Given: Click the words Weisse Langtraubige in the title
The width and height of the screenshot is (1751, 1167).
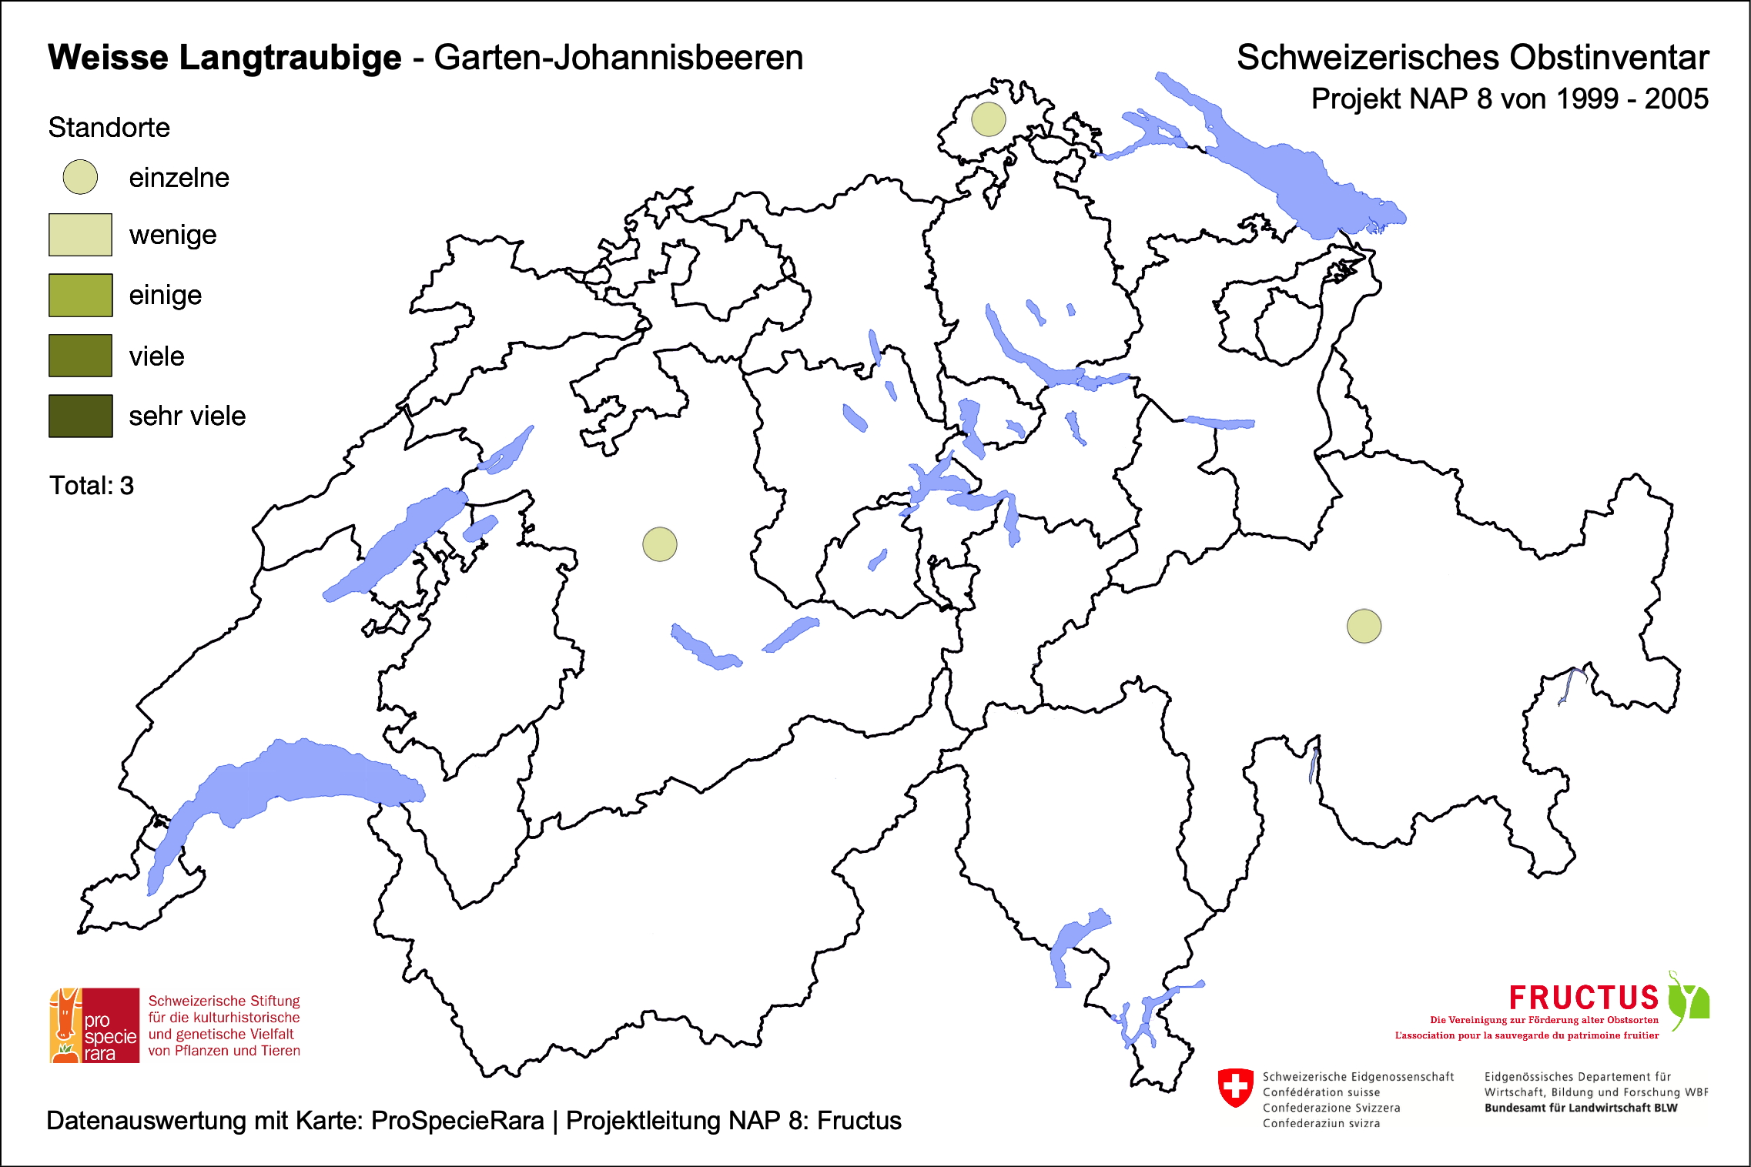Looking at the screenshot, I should click(x=224, y=58).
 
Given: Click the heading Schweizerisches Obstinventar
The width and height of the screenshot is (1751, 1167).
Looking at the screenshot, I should click(x=1472, y=58).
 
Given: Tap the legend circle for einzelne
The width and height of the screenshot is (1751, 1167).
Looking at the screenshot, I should click(x=80, y=177).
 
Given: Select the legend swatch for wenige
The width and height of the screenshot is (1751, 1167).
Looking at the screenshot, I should click(x=80, y=235).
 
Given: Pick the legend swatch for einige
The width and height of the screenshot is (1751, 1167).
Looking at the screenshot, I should click(x=80, y=295).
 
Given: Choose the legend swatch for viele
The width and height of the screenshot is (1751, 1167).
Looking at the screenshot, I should click(x=80, y=356).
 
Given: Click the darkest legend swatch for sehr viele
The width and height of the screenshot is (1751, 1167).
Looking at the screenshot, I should click(x=80, y=416).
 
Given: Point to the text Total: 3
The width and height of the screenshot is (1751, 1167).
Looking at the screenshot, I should click(x=92, y=486).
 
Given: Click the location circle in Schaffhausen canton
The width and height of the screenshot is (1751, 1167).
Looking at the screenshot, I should click(x=988, y=119).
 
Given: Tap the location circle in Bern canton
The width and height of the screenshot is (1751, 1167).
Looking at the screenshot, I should click(x=660, y=544).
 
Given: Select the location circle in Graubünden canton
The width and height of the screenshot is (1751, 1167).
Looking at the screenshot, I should click(x=1364, y=626).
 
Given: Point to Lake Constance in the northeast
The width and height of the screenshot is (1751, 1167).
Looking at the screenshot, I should click(x=1301, y=181).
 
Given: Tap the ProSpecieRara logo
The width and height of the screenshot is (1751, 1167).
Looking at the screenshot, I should click(x=95, y=1025).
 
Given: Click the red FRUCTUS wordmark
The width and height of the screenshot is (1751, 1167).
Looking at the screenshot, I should click(x=1583, y=998).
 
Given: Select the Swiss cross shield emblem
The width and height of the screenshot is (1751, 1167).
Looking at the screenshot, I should click(x=1235, y=1087).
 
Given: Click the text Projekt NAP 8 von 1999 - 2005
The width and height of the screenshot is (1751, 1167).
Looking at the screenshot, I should click(x=1509, y=99).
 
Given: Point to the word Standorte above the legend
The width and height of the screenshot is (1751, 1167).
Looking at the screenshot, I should click(x=109, y=128).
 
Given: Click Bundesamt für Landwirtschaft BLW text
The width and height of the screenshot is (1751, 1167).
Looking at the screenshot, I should click(x=1580, y=1108).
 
